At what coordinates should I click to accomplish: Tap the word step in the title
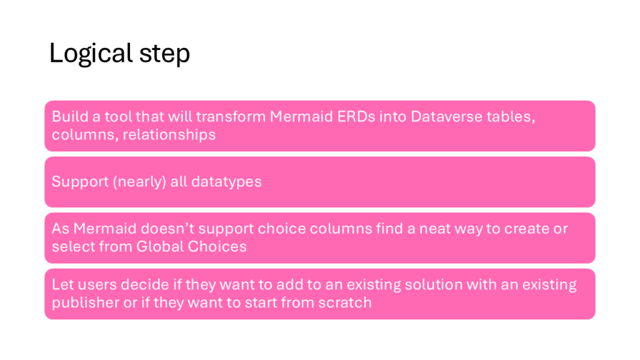[x=164, y=54]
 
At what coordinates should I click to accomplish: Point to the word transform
[x=231, y=117]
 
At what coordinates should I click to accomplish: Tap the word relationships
[x=169, y=135]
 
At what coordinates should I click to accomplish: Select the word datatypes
[x=226, y=182]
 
